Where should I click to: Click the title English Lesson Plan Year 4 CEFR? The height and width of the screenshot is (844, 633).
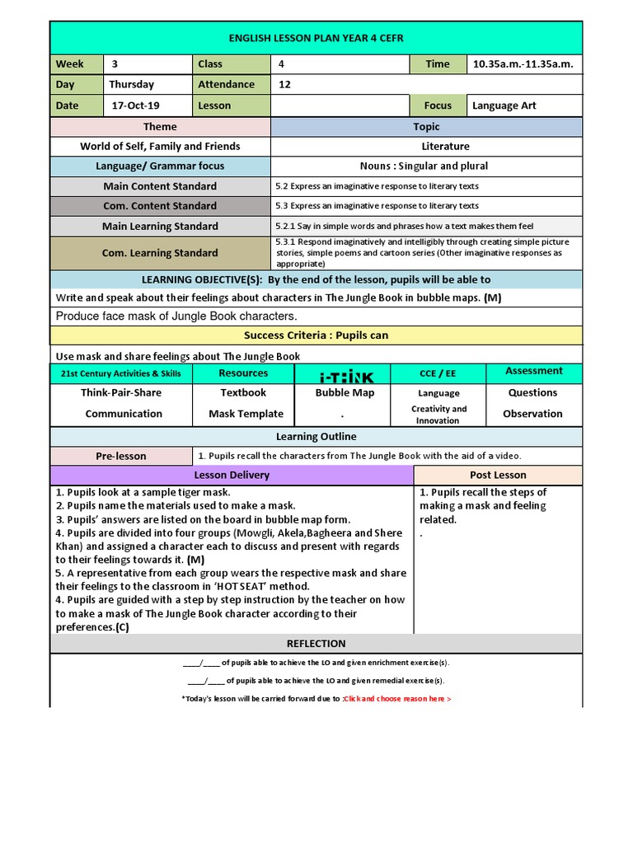(316, 38)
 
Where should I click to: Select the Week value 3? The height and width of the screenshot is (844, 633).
(115, 64)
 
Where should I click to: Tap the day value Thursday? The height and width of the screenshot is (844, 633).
(131, 84)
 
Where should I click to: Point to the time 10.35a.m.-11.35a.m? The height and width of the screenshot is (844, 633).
(523, 64)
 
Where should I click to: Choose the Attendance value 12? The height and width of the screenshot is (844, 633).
(285, 84)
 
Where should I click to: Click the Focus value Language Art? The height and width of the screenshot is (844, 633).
(504, 105)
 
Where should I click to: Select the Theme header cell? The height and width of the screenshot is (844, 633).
(160, 127)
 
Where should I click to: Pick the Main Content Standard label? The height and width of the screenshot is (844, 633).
(160, 186)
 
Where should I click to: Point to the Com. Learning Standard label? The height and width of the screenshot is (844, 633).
(160, 253)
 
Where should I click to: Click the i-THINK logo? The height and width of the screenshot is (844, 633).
(345, 377)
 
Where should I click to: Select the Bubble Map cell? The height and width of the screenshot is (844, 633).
(345, 393)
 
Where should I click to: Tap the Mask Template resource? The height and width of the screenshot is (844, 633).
(246, 414)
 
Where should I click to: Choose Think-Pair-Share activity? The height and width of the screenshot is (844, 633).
(121, 393)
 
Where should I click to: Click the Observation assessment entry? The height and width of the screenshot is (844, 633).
(532, 414)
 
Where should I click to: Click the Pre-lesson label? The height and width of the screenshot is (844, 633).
(121, 456)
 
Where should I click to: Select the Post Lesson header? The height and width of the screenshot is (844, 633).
(498, 475)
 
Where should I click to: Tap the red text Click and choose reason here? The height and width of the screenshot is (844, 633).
(397, 699)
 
